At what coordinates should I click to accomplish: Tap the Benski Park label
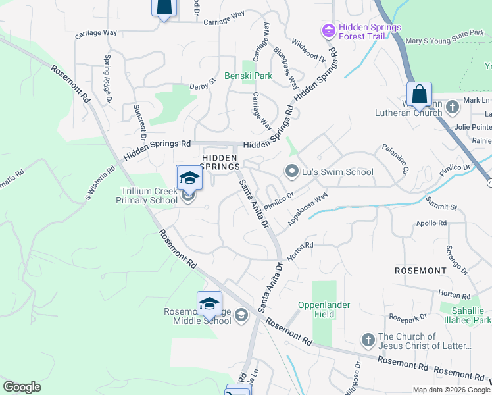pos(248,76)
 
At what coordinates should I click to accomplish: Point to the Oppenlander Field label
pos(324,309)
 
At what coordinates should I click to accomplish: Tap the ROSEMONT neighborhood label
pos(420,271)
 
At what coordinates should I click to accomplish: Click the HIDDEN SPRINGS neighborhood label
pos(220,162)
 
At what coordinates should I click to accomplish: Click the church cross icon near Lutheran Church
pos(452,106)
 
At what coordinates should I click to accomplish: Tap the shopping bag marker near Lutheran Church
pos(419,95)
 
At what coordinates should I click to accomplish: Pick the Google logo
pos(22,387)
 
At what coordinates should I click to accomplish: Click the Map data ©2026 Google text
pos(451,390)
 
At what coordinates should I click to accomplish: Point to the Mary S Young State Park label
pos(445,41)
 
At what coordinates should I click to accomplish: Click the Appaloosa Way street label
pos(308,209)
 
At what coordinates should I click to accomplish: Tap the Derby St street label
pos(202,84)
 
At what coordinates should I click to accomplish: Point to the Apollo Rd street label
pos(431,224)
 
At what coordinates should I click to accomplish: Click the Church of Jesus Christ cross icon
pos(368,340)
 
